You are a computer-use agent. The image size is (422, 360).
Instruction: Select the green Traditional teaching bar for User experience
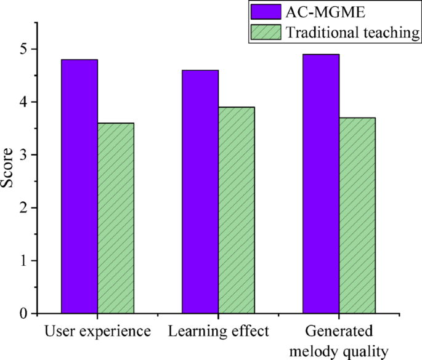115,218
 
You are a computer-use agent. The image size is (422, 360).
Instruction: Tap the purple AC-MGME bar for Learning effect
200,191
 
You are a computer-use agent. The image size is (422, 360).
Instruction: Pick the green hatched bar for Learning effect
236,210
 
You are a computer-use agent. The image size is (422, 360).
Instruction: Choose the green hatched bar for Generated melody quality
357,215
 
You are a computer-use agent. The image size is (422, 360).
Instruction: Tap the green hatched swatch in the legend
266,33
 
